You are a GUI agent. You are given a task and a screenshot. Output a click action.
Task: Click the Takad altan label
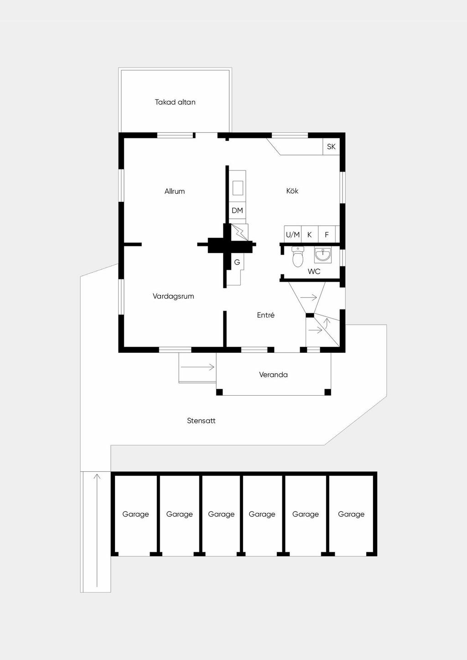(x=175, y=102)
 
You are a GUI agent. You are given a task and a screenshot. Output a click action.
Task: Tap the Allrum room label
(x=175, y=191)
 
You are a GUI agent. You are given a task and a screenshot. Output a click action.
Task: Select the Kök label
(x=292, y=191)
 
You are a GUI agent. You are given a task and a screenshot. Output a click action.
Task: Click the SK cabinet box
(x=331, y=146)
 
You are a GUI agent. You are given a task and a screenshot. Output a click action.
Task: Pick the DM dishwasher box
(x=237, y=211)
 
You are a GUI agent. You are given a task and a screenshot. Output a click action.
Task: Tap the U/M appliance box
(x=293, y=235)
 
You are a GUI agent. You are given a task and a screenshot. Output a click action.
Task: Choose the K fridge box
(x=310, y=235)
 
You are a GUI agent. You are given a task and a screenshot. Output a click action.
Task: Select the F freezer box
(x=327, y=235)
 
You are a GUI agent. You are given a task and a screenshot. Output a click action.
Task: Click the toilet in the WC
(x=298, y=257)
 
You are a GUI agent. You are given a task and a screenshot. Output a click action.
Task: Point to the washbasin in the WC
(x=323, y=255)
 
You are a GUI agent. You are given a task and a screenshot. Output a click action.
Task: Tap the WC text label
(x=314, y=271)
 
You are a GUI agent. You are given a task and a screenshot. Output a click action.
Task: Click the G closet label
(x=237, y=262)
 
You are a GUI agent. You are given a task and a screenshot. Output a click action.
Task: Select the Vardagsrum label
(x=173, y=296)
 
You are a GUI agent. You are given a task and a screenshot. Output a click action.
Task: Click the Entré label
(x=265, y=315)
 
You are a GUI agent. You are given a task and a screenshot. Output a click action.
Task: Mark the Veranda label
(x=273, y=375)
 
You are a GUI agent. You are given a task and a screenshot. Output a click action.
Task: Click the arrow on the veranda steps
(x=197, y=367)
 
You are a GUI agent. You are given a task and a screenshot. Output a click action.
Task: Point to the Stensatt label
(x=201, y=420)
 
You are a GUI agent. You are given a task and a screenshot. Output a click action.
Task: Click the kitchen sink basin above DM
(x=238, y=188)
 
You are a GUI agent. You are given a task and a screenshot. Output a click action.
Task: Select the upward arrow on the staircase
(x=327, y=323)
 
